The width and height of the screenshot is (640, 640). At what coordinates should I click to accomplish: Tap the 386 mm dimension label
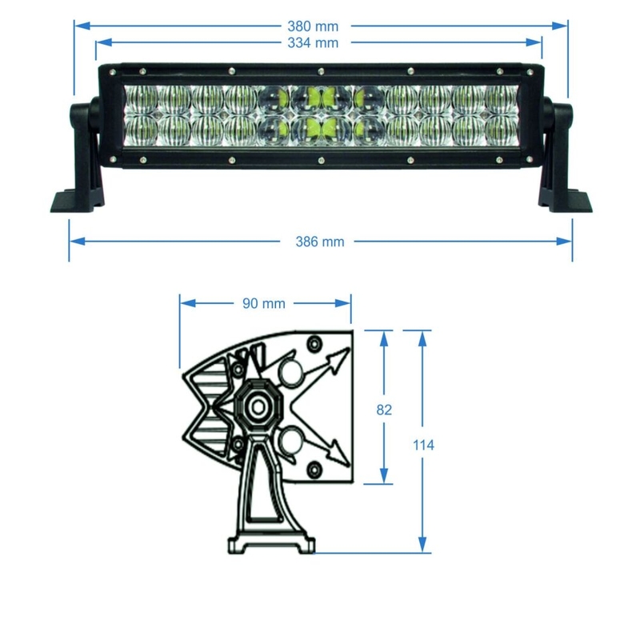click(x=320, y=241)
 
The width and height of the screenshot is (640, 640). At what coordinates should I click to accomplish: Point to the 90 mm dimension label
click(x=263, y=303)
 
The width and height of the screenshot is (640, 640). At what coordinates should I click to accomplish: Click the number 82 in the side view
click(x=384, y=410)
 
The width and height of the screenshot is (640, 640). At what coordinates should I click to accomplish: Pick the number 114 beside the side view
click(x=424, y=445)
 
